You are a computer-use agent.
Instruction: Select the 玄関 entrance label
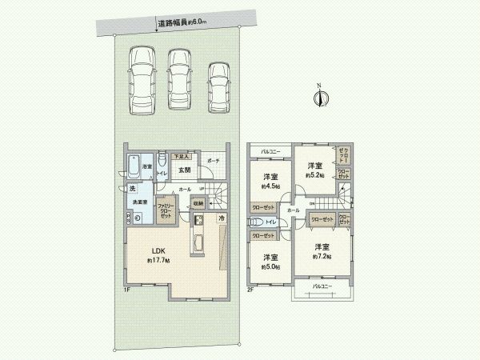tap(183, 170)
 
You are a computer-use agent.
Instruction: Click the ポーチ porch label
tap(213, 161)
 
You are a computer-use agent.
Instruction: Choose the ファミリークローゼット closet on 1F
tap(166, 210)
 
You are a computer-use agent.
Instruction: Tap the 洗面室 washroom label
tap(138, 202)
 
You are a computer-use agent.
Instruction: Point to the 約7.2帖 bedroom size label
tap(322, 256)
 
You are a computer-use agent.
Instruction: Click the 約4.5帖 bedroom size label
tap(270, 186)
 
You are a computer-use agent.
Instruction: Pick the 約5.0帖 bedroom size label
tap(270, 267)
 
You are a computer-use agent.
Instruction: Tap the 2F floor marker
tap(250, 289)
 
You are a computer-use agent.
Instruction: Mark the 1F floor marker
tap(126, 289)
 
